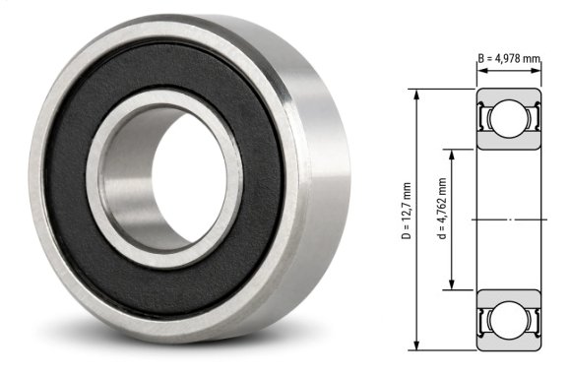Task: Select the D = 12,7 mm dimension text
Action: coord(406,213)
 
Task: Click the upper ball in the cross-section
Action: coord(509,120)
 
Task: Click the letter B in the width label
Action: coord(481,59)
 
